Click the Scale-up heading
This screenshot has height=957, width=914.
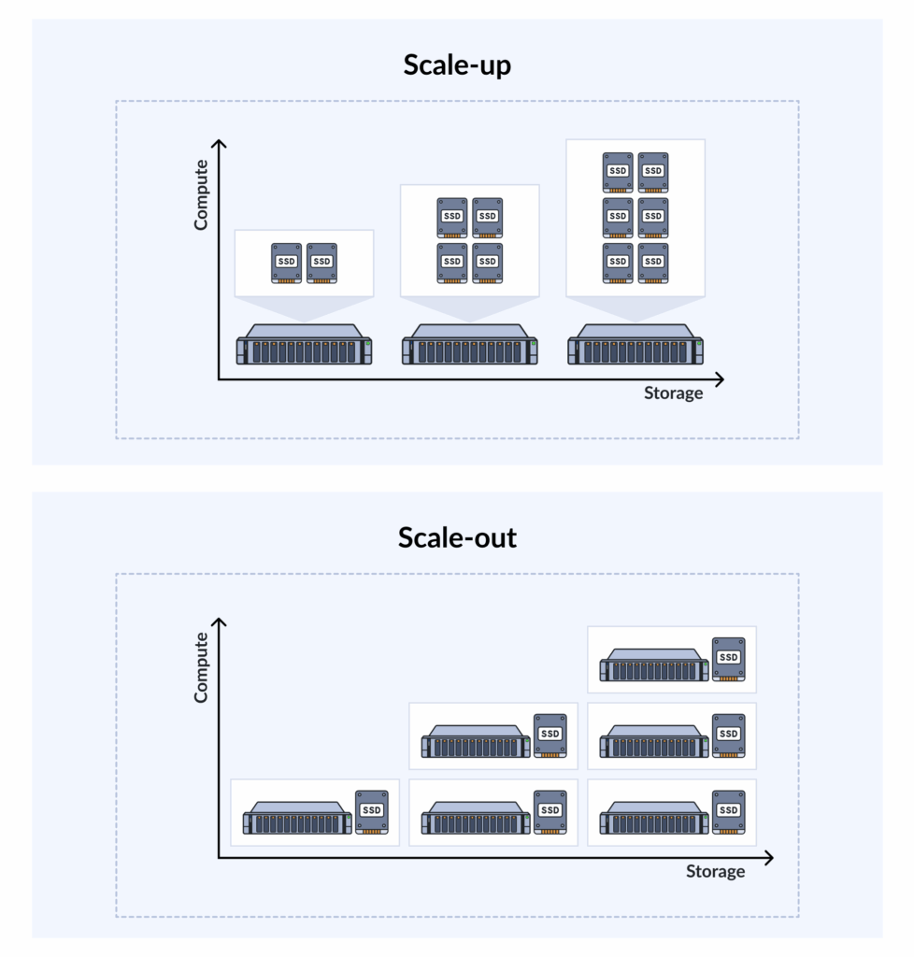tap(457, 65)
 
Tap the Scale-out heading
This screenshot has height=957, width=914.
tap(457, 538)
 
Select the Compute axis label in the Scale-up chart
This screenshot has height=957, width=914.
tap(201, 194)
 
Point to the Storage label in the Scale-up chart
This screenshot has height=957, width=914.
tap(673, 393)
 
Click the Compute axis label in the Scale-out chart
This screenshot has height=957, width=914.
tap(201, 667)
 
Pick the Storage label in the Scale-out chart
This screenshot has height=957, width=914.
tap(715, 872)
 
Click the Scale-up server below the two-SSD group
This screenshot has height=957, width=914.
tap(304, 347)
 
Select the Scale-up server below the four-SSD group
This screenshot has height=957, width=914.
tap(470, 347)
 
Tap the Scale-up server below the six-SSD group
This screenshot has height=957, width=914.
tap(636, 347)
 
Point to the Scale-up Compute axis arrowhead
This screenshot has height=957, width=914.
tap(219, 144)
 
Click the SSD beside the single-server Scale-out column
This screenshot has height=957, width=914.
tap(372, 812)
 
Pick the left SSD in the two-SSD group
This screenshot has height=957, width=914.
tap(287, 263)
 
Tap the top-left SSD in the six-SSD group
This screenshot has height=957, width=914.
tap(618, 172)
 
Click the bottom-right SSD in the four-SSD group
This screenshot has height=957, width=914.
tap(487, 263)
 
